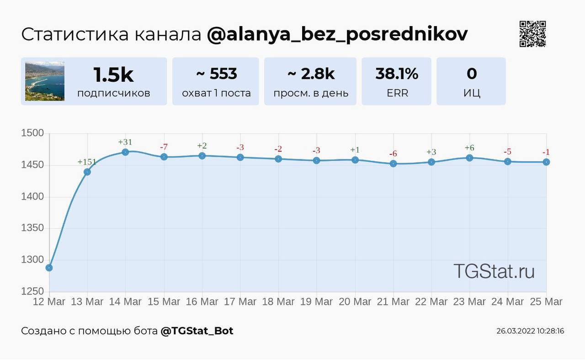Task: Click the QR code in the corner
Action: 532,34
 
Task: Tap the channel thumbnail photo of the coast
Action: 45,81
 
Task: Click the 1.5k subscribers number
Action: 113,74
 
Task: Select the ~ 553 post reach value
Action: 216,74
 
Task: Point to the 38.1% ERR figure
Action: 397,74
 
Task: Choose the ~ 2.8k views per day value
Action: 311,74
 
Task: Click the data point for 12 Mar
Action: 49,268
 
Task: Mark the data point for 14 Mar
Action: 125,152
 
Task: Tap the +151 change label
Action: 87,162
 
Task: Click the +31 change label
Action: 125,142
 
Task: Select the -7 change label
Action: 164,147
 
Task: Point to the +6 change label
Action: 469,148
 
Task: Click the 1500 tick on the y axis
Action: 32,133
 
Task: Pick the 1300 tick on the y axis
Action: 32,259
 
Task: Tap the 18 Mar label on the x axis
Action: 278,302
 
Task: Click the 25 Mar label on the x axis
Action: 546,302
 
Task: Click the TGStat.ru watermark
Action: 494,271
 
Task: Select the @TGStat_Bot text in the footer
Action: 197,331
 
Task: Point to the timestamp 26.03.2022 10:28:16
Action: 530,331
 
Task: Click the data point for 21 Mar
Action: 394,164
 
